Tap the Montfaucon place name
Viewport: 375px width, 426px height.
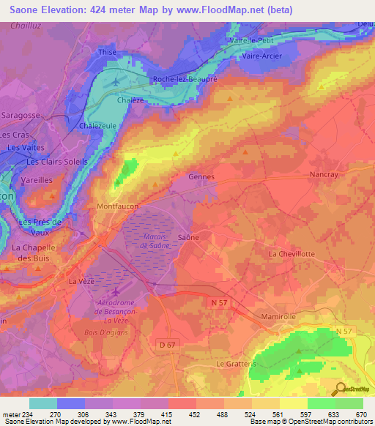(117, 207)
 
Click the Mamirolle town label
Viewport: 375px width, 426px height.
(282, 316)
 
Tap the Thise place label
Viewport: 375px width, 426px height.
(107, 52)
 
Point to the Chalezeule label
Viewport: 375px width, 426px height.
(99, 126)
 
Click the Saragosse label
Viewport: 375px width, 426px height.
(25, 116)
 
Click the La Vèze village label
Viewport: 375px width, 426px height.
(82, 281)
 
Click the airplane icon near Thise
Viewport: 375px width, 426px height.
(117, 81)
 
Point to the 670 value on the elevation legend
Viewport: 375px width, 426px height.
(360, 414)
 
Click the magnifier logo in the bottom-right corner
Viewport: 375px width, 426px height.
(340, 389)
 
